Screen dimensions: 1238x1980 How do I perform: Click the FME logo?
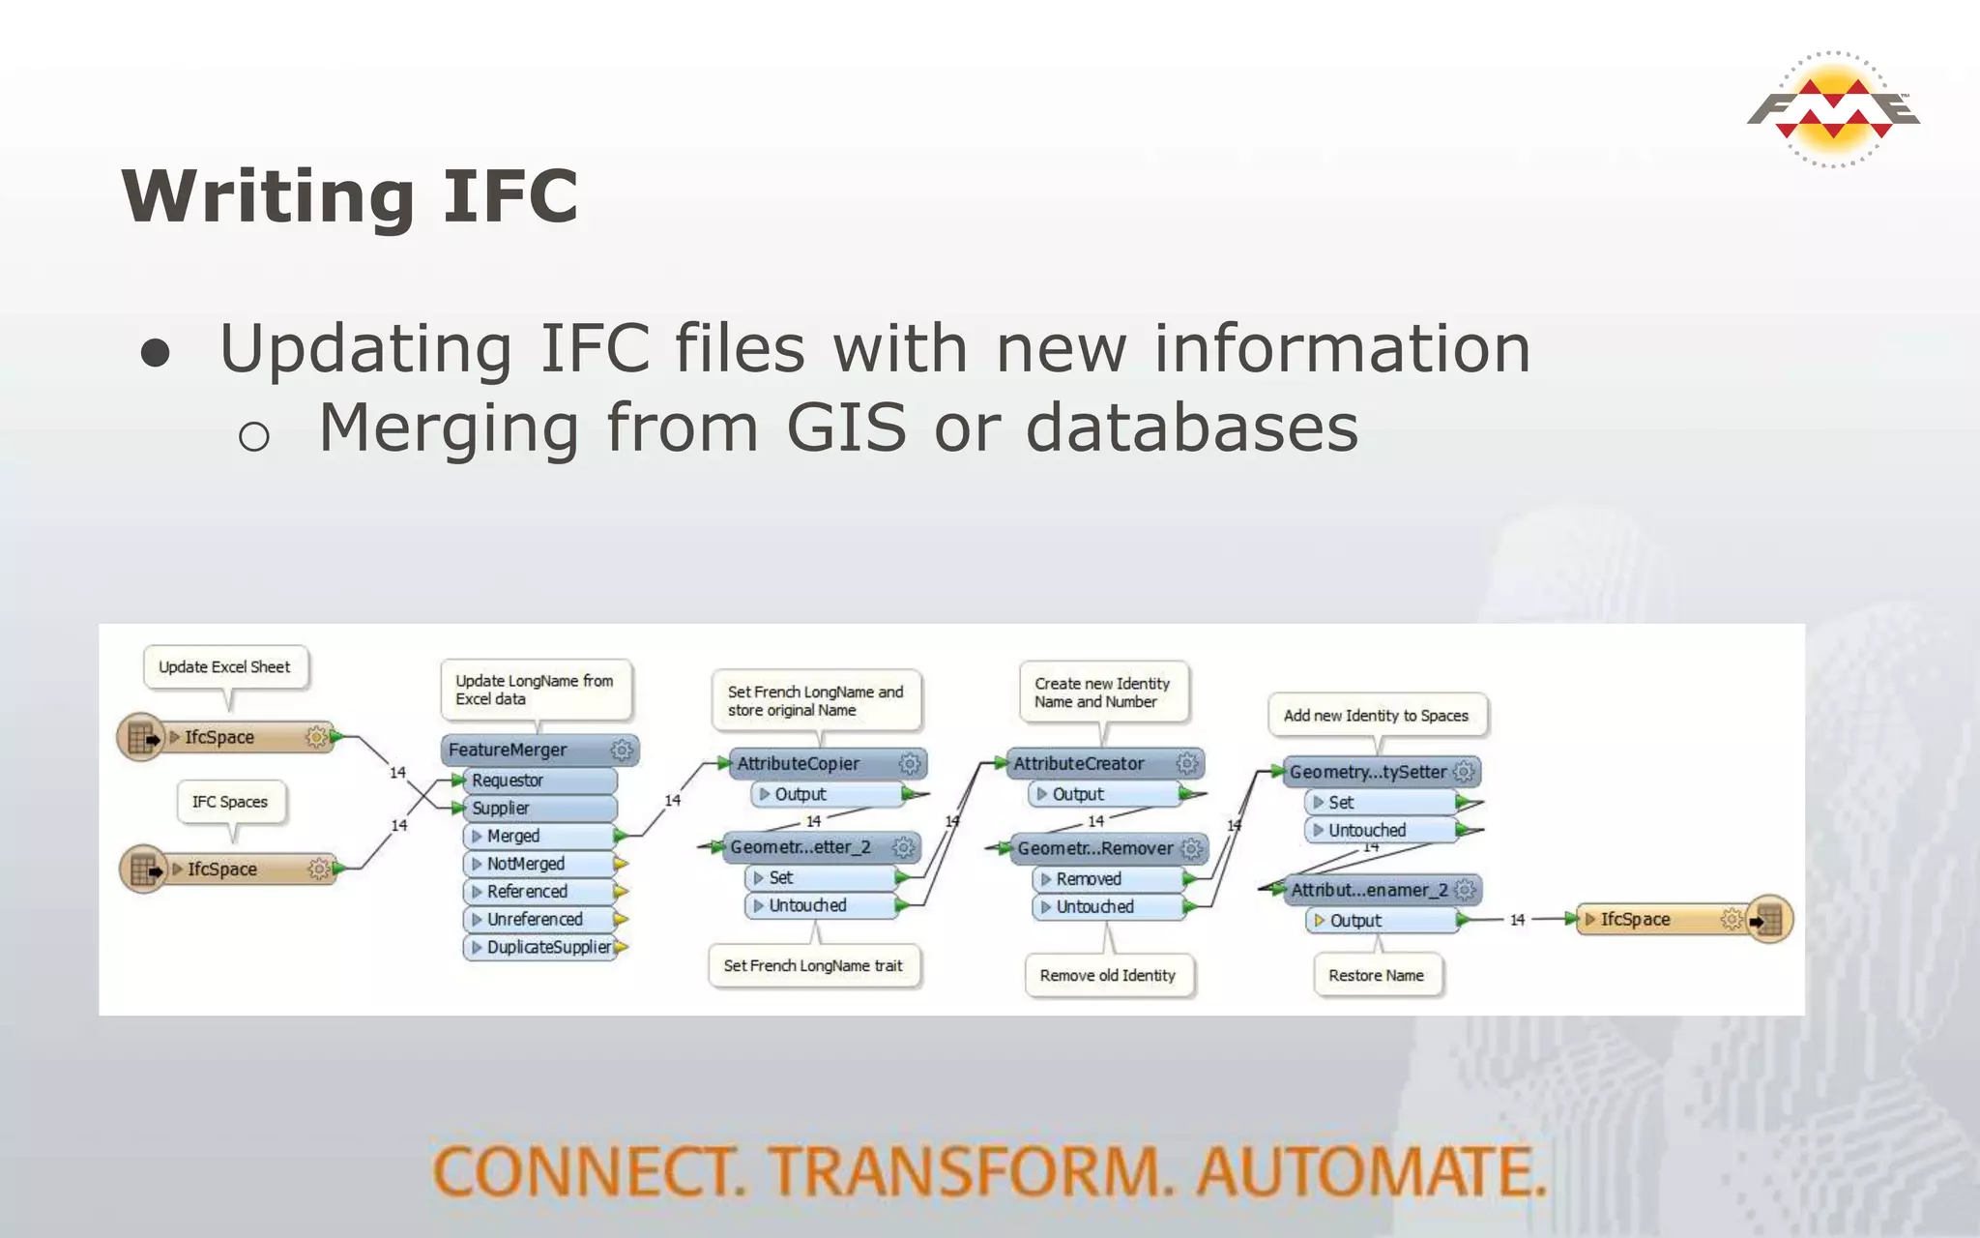[x=1833, y=109]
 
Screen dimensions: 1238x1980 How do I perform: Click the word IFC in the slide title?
[x=510, y=196]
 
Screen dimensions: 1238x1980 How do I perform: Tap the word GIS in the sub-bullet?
[x=846, y=427]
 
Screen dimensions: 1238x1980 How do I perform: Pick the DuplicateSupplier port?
[x=547, y=947]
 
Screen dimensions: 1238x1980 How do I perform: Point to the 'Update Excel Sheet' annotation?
[x=224, y=667]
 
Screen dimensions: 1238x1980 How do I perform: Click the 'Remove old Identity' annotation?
[x=1108, y=975]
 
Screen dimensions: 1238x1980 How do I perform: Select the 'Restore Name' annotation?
[x=1376, y=975]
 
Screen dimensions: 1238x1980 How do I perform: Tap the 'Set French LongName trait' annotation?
[x=813, y=965]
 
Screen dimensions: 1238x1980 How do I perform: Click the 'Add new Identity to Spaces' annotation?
[x=1376, y=716]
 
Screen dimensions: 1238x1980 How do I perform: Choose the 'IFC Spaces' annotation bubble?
[x=230, y=802]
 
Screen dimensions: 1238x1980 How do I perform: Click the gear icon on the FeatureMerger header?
[x=622, y=750]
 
